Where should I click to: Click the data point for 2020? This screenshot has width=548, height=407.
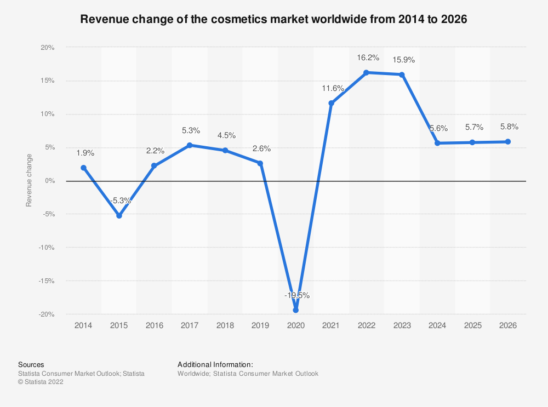[x=296, y=310]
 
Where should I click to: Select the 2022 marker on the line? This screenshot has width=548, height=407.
[x=367, y=72]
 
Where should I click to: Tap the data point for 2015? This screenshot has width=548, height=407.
[x=119, y=216]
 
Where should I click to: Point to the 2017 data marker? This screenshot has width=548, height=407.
[x=190, y=145]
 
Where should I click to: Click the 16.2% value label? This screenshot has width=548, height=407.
[x=367, y=56]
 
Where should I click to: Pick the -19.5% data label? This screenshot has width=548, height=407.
[x=296, y=295]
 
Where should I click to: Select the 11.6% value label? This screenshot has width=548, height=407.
[x=333, y=88]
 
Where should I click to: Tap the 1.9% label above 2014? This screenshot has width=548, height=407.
[x=83, y=152]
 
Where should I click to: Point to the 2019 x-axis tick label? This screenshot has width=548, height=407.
[x=260, y=325]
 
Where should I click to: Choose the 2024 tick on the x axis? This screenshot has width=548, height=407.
[x=437, y=325]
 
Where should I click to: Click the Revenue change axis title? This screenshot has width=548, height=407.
[x=29, y=181]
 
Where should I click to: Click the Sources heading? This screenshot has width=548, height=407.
[x=31, y=364]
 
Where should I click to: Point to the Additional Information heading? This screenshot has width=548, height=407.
[x=215, y=364]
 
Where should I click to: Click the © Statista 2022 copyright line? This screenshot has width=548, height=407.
[x=41, y=383]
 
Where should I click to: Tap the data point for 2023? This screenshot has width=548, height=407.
[x=402, y=74]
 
